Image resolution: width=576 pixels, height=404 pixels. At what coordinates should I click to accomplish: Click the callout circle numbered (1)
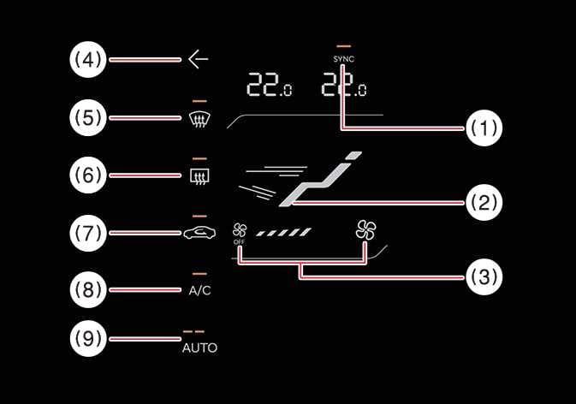[x=483, y=129]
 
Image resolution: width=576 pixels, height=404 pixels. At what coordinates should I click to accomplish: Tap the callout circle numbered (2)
[x=483, y=203]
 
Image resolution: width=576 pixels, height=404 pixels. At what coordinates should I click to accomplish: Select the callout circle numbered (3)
[x=483, y=276]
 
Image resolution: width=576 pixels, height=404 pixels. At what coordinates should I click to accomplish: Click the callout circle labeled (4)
[x=87, y=60]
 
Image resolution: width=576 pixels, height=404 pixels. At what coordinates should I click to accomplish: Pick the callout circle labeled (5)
[x=87, y=117]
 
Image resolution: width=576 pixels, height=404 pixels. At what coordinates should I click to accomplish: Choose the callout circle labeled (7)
[x=87, y=231]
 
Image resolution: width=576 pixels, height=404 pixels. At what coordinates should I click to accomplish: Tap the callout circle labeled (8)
[x=87, y=288]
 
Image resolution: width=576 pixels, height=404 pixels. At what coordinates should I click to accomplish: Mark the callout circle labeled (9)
[x=87, y=340]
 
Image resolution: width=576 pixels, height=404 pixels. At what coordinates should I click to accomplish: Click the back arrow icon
[x=198, y=60]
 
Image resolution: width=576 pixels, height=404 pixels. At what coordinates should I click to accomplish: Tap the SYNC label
[x=344, y=58]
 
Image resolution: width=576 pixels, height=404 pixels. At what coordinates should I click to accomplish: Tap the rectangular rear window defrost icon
[x=199, y=176]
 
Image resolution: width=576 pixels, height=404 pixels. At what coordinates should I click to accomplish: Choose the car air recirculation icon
[x=199, y=232]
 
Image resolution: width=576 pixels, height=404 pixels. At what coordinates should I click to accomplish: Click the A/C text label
[x=199, y=290]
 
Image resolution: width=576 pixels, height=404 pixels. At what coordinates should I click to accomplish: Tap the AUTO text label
[x=199, y=348]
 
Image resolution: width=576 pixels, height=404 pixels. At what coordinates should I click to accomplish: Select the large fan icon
[x=365, y=229]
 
